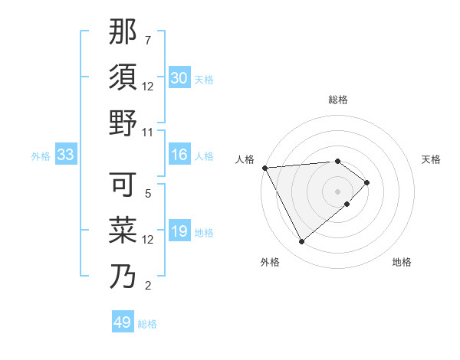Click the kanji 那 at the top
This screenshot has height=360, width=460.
(x=123, y=32)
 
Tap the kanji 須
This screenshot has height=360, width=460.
(x=123, y=77)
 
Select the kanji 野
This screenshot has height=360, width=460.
(x=123, y=123)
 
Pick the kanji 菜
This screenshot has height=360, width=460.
(x=123, y=230)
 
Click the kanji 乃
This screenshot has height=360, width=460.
(x=123, y=276)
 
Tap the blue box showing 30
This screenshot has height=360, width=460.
(x=179, y=78)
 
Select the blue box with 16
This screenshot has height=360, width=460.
(x=179, y=155)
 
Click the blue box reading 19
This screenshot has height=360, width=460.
(x=179, y=231)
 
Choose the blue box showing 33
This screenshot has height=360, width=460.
(x=65, y=155)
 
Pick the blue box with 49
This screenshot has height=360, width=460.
(x=123, y=322)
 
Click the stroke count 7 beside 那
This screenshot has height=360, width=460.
(x=148, y=40)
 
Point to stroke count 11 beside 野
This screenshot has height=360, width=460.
(x=148, y=132)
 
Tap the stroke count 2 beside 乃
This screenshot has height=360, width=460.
(x=148, y=286)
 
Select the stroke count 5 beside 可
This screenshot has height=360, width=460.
(x=148, y=194)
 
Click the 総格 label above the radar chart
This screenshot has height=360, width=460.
(x=338, y=100)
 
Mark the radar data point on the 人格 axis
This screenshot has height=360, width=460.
(x=264, y=167)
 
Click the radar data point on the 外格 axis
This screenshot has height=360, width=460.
(x=301, y=242)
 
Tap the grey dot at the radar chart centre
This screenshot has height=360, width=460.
(x=337, y=191)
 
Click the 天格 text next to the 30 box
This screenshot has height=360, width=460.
(x=204, y=79)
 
